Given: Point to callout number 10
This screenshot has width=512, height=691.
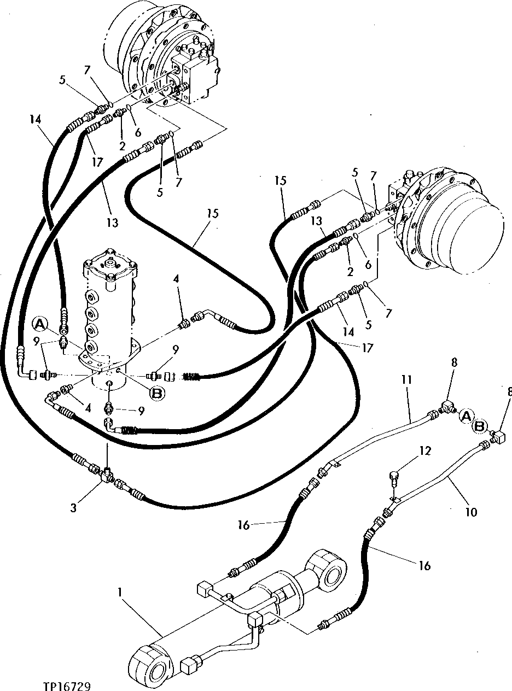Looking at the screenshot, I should [471, 512].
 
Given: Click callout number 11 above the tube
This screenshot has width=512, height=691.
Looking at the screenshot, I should [409, 379].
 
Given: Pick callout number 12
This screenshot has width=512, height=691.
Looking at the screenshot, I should [426, 451].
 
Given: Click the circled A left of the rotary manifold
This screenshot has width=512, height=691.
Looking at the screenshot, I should [39, 324].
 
